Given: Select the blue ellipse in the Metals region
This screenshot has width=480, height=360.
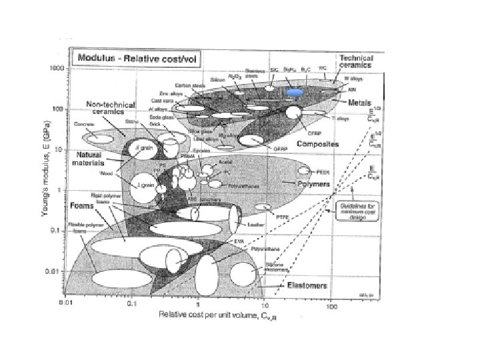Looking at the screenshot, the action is pyautogui.click(x=295, y=91).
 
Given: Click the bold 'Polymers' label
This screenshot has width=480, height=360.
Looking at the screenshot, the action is pyautogui.click(x=313, y=181).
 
